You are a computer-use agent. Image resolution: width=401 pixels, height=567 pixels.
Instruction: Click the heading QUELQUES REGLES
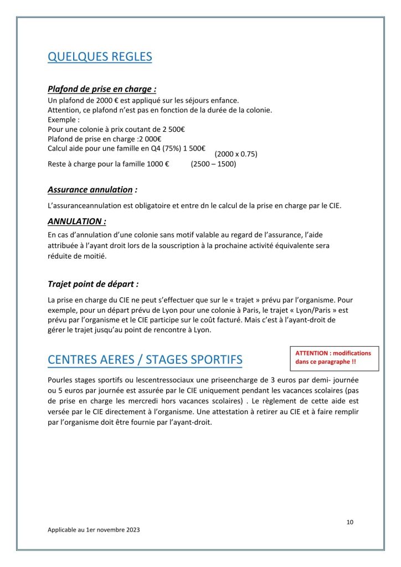(100, 57)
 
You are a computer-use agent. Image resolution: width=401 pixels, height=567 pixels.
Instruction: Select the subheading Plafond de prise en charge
(102, 89)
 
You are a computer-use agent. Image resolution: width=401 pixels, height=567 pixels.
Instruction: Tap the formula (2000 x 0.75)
(235, 154)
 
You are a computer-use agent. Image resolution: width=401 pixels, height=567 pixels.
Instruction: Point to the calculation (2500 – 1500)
(213, 164)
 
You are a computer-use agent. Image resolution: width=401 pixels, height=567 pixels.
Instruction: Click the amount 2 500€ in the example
(173, 129)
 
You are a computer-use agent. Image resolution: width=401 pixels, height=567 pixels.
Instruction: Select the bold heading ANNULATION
(76, 221)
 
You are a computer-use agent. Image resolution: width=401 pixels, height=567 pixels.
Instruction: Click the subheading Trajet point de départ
(93, 284)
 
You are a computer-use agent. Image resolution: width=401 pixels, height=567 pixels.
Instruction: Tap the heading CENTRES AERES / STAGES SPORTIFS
(145, 359)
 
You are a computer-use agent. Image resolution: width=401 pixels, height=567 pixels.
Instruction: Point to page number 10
(349, 522)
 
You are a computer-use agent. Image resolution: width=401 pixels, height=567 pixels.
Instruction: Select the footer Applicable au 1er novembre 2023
(94, 530)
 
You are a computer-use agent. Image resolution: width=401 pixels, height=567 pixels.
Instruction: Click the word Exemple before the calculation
(63, 120)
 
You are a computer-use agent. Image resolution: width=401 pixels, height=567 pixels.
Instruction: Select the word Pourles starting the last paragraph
(60, 382)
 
